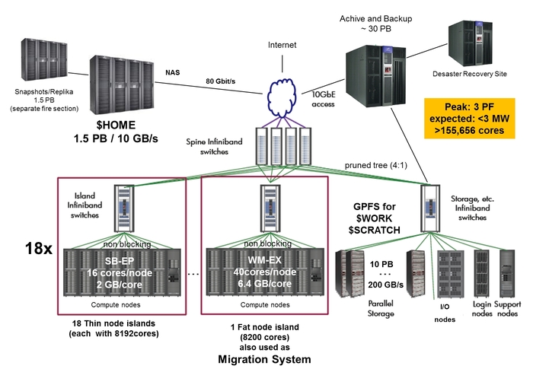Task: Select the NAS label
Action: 172,73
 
